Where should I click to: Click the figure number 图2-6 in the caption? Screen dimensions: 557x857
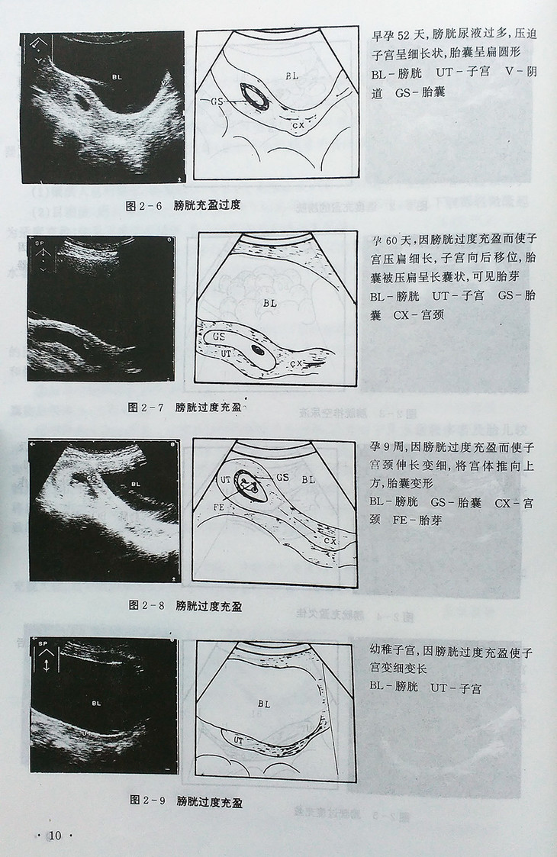click(x=146, y=205)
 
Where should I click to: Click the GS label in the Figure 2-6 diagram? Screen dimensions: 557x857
click(x=217, y=101)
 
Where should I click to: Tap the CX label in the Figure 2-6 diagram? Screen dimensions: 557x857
click(x=298, y=126)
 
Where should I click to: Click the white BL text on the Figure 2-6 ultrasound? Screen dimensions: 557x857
click(x=117, y=77)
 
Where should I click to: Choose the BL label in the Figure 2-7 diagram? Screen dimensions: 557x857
click(x=269, y=303)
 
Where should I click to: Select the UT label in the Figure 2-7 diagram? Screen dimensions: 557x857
click(x=226, y=353)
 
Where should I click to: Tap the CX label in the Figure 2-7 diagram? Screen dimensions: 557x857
click(x=296, y=363)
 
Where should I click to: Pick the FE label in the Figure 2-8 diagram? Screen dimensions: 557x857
click(x=219, y=507)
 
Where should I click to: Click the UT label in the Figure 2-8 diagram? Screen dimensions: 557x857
click(x=225, y=480)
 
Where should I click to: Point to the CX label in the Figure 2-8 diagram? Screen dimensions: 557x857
click(x=330, y=540)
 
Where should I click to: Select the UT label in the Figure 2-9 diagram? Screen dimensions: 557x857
click(x=238, y=740)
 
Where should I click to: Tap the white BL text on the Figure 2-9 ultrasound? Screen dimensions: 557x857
click(x=96, y=704)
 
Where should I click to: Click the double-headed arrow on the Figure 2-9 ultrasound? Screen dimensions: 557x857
click(x=47, y=665)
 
